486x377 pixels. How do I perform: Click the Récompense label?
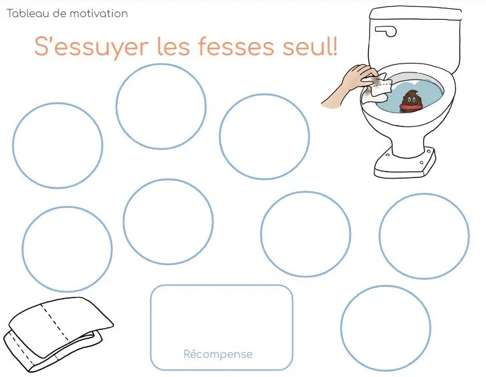218,354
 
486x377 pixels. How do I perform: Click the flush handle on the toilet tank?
385,30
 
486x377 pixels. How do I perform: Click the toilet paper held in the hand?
381,86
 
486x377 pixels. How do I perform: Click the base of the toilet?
405,164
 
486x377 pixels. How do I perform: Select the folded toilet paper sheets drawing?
57,334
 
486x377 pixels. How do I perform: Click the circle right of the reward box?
385,328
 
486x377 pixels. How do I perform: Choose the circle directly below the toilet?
424,236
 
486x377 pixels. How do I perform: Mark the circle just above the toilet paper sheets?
67,249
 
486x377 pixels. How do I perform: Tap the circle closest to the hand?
264,137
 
